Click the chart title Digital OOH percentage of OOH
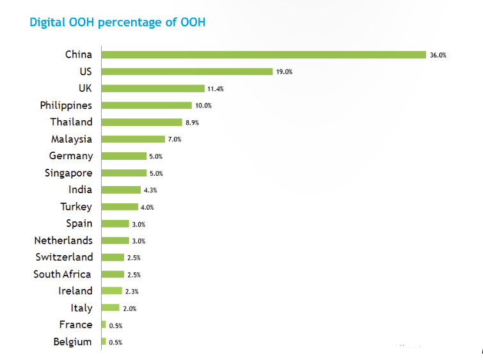(117, 22)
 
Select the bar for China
(264, 54)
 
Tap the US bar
(187, 72)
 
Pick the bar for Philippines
(146, 106)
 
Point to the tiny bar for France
(104, 325)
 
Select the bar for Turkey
(120, 207)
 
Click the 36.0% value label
(438, 55)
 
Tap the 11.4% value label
(215, 89)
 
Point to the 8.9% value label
(193, 122)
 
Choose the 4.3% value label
(151, 190)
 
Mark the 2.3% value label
(132, 292)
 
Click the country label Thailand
(71, 121)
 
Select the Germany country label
(70, 155)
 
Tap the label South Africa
(62, 274)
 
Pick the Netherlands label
(63, 240)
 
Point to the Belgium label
(72, 342)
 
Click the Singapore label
(68, 173)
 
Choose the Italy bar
(110, 308)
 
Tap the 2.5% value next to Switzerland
(134, 258)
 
